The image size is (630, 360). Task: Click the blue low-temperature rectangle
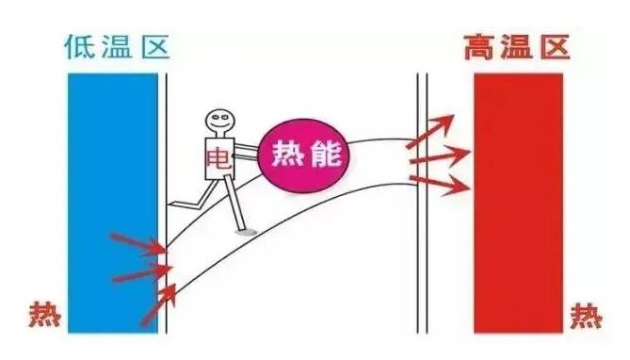click(x=112, y=203)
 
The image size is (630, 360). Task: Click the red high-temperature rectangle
click(x=518, y=203)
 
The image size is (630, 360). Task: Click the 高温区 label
click(x=517, y=46)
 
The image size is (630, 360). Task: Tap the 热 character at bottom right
click(x=589, y=315)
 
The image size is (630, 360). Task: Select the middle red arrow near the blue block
click(x=139, y=274)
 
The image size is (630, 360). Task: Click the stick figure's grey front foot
click(x=247, y=230)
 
